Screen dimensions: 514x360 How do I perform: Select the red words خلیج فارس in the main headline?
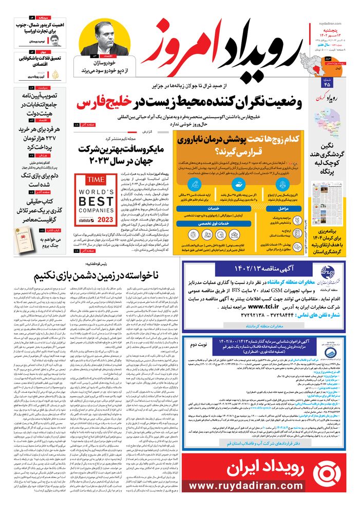[108, 103]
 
